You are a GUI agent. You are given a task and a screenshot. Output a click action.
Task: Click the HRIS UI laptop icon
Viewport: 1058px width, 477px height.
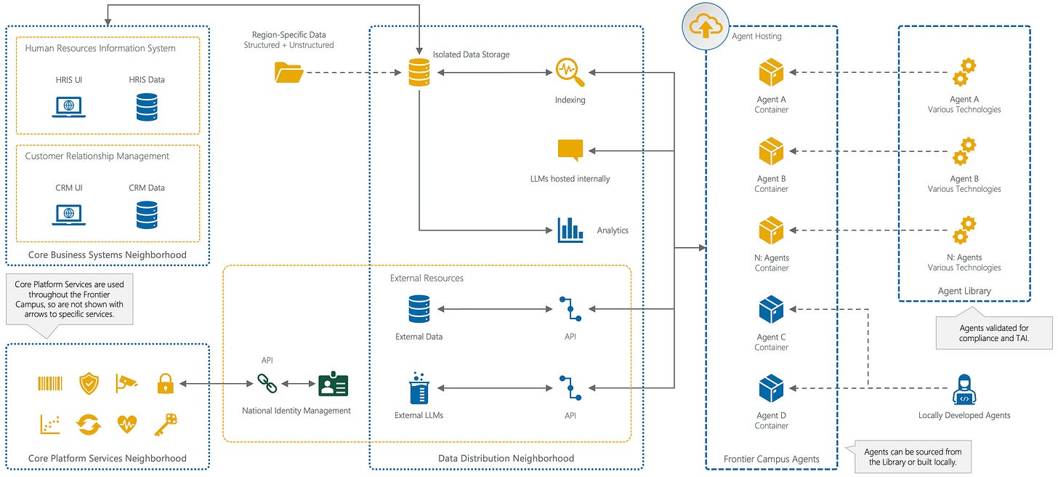point(68,107)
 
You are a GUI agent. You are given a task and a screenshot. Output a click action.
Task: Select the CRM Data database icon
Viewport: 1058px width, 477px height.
point(147,215)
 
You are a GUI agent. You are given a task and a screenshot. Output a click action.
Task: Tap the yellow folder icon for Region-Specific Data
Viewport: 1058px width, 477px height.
point(288,73)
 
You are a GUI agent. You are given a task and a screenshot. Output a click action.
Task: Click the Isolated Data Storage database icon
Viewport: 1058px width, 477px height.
point(419,72)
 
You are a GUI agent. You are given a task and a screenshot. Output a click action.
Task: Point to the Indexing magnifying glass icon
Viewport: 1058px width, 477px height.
point(570,72)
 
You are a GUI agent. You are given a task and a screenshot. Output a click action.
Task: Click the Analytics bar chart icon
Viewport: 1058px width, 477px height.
point(570,231)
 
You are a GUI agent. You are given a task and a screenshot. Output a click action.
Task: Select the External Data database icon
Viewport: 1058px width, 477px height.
point(419,309)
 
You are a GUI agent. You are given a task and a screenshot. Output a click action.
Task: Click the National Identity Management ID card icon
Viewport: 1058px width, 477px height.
point(333,384)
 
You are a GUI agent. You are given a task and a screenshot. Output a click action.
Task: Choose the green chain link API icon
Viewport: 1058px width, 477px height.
point(267,383)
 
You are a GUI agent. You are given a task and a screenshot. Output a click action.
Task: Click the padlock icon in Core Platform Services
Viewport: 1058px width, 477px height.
point(166,383)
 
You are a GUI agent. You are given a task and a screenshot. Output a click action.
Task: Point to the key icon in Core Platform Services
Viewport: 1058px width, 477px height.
point(166,424)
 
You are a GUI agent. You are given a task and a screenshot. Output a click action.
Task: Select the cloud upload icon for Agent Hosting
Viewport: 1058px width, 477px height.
point(706,26)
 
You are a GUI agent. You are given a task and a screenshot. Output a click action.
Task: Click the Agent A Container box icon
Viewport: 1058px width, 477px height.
point(771,72)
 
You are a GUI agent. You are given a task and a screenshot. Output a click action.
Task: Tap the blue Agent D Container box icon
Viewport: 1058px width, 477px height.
point(771,388)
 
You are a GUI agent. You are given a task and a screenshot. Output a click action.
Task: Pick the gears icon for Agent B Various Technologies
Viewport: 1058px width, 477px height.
point(964,151)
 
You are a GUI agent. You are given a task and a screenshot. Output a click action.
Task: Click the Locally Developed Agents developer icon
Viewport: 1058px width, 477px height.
point(964,390)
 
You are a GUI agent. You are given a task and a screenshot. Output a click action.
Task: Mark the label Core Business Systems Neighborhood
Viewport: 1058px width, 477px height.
point(108,254)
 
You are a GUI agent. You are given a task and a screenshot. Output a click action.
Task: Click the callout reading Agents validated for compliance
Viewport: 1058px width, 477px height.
point(994,333)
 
